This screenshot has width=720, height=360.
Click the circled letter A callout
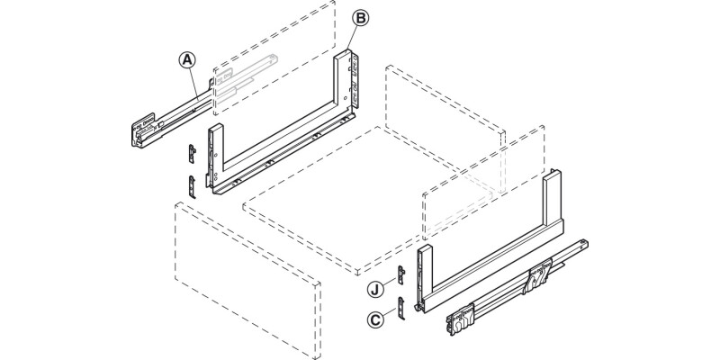186,60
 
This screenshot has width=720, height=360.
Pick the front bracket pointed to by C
403,308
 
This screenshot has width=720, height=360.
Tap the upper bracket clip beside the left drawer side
192,153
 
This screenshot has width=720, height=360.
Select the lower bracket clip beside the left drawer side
193,185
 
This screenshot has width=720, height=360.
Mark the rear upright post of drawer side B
344,81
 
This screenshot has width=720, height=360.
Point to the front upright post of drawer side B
214,157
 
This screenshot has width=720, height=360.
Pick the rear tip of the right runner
585,243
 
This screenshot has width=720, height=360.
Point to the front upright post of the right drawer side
426,270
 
